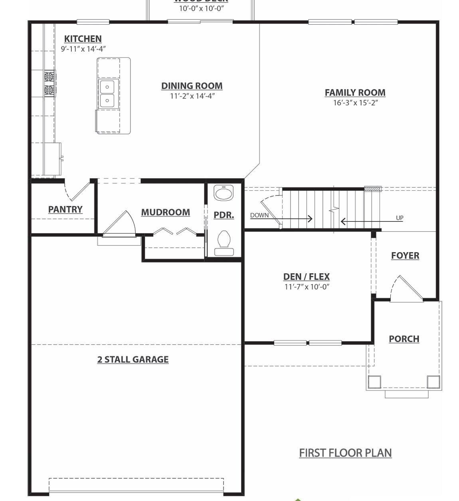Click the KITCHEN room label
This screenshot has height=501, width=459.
(x=83, y=39)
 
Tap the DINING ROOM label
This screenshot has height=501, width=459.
(x=192, y=86)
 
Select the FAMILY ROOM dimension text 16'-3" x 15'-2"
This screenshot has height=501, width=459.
(x=355, y=103)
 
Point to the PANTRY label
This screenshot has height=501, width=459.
(x=65, y=209)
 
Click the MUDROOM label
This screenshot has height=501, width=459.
(x=165, y=212)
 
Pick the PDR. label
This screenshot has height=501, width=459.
(x=224, y=215)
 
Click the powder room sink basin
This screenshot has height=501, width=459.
(x=224, y=193)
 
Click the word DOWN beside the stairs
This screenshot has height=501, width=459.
(x=259, y=215)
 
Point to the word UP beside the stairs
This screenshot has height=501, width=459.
(x=400, y=218)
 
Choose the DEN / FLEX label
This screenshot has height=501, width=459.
(x=307, y=276)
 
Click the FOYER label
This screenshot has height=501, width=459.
(x=405, y=256)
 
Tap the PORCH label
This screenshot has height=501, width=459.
(x=404, y=339)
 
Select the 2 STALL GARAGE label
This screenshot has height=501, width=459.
(x=133, y=359)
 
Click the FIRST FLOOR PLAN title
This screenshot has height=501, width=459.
(x=345, y=453)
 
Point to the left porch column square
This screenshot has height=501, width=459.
(x=374, y=382)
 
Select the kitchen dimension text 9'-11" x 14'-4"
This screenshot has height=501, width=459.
(x=83, y=49)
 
